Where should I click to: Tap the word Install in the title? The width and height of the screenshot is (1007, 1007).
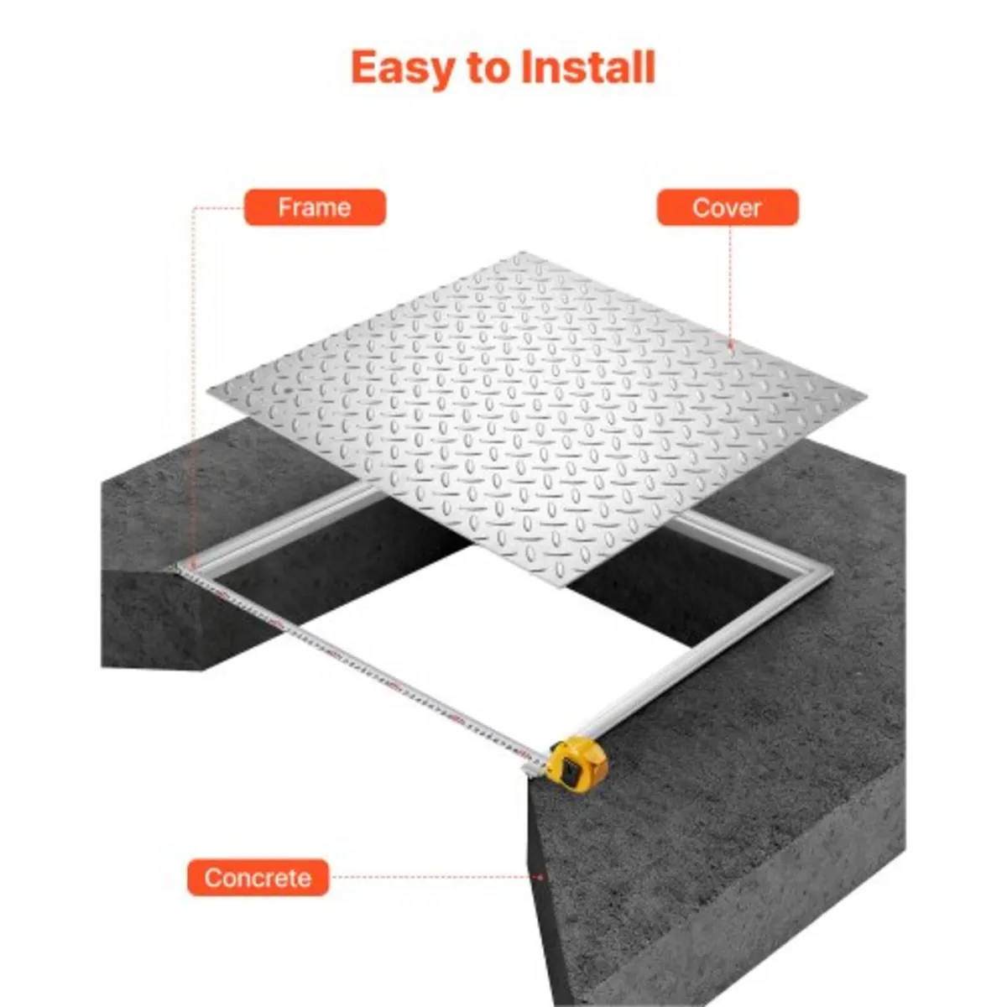click(587, 67)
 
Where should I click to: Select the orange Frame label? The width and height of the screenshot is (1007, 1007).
click(315, 207)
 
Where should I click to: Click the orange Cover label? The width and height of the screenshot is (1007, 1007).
click(727, 207)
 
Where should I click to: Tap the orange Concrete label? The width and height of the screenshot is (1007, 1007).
click(258, 878)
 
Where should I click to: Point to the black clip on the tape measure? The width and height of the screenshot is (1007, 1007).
click(570, 770)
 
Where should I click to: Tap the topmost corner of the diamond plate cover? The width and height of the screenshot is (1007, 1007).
click(522, 253)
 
